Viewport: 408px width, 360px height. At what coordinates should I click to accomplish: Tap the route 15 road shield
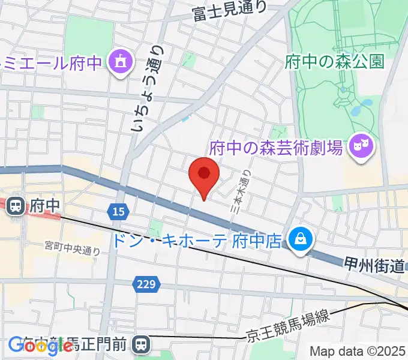click(x=118, y=211)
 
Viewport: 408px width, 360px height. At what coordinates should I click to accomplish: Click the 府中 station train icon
click(x=16, y=206)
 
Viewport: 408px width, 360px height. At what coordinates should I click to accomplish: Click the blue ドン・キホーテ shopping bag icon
click(x=298, y=239)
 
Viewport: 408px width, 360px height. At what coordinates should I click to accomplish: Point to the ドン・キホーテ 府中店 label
click(x=197, y=241)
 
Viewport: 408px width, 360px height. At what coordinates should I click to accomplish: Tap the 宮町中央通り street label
click(x=72, y=247)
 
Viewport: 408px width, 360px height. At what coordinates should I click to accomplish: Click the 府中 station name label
click(x=46, y=206)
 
